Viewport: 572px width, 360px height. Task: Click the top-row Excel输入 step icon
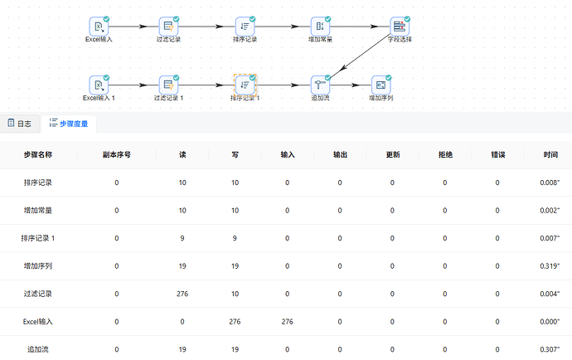[99, 27]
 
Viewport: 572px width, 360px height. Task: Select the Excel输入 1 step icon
[99, 85]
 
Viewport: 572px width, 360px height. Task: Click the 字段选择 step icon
[400, 27]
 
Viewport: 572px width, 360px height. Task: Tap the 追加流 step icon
[320, 85]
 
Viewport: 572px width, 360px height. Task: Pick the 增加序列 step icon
[381, 85]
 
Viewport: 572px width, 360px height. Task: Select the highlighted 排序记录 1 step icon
[245, 85]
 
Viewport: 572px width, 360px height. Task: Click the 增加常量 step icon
[320, 27]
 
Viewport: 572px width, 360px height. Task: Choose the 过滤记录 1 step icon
[168, 85]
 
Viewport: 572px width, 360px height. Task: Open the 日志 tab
[20, 124]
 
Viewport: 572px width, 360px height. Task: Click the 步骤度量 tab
[69, 124]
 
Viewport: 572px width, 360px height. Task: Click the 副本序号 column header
[117, 154]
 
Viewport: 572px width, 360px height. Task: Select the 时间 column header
[550, 154]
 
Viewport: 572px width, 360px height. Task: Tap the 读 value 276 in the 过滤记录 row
[182, 294]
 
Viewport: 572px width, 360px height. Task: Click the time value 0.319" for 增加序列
[550, 266]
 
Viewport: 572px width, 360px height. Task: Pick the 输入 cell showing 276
[288, 322]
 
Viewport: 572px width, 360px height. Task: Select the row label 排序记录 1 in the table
[38, 238]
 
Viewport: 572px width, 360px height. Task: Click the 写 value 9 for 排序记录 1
[235, 238]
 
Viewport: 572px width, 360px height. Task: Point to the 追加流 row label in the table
[38, 349]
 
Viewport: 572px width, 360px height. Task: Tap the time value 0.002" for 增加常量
[550, 211]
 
